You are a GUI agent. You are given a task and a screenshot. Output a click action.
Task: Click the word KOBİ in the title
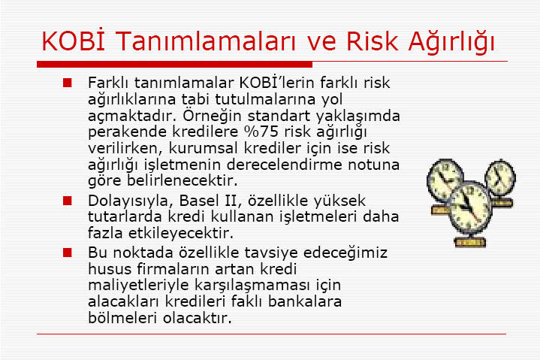(x=73, y=41)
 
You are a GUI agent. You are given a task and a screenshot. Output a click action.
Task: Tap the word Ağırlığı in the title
(x=451, y=42)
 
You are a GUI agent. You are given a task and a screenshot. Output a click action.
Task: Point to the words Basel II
(x=208, y=201)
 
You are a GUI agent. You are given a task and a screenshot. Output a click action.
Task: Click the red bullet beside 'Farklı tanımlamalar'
(x=67, y=83)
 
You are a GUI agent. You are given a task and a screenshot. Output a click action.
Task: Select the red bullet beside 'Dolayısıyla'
(x=67, y=201)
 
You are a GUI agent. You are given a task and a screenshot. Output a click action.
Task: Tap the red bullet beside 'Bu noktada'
(x=67, y=253)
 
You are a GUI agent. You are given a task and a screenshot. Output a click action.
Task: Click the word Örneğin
(x=212, y=116)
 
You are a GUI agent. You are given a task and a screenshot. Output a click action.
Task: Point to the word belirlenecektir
(x=183, y=180)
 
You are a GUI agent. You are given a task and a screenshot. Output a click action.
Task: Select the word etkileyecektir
(x=181, y=234)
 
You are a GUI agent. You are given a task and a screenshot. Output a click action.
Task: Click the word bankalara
(x=304, y=301)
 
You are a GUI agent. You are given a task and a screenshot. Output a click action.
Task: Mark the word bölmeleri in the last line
(x=123, y=318)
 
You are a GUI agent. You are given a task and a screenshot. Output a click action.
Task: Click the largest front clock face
(x=470, y=207)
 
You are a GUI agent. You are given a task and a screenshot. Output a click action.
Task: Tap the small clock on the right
(x=500, y=178)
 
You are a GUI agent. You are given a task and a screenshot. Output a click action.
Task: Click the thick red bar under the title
(x=174, y=65)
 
